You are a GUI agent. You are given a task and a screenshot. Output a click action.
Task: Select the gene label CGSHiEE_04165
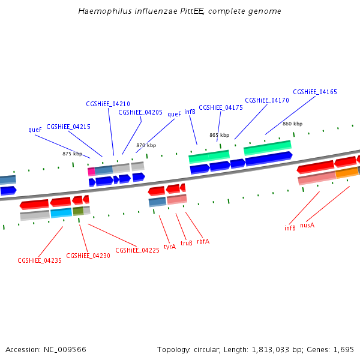tap(315, 92)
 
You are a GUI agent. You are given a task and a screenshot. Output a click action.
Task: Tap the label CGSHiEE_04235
tap(40, 260)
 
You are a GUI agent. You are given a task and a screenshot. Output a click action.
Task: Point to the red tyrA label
tap(170, 246)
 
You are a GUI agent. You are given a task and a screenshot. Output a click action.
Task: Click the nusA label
tap(307, 225)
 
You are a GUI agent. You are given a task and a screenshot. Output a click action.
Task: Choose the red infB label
tap(290, 228)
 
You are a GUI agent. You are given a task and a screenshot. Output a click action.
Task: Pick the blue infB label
tap(190, 112)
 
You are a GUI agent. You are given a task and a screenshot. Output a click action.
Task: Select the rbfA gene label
tap(203, 241)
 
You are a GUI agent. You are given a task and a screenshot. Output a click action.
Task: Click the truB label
tap(187, 243)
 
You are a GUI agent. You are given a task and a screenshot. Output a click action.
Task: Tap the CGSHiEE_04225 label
tap(137, 250)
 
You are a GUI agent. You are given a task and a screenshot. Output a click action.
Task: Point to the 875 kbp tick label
tap(72, 154)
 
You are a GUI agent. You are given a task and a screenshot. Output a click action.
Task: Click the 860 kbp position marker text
tap(292, 124)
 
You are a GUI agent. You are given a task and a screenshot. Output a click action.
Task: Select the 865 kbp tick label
tap(219, 135)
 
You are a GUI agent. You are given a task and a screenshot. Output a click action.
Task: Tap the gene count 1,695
tap(343, 349)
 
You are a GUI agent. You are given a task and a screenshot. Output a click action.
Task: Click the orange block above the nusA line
tap(347, 173)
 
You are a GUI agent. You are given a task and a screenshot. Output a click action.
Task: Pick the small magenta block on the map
tap(91, 172)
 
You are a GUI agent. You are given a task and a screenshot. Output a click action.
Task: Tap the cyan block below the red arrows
tap(61, 212)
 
